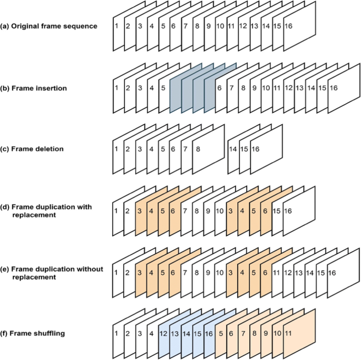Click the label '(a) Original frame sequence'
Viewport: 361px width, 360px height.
[x=48, y=26]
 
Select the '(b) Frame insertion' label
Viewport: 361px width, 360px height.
[x=34, y=88]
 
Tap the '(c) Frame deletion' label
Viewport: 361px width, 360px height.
[x=32, y=149]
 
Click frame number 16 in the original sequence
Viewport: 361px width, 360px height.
[x=288, y=26]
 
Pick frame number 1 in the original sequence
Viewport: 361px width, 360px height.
[x=115, y=26]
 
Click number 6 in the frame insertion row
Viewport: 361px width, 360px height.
[x=219, y=88]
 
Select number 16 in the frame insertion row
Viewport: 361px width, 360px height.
[x=333, y=88]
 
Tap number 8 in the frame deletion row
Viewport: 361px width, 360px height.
[x=198, y=149]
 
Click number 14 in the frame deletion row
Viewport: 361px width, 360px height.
[x=232, y=149]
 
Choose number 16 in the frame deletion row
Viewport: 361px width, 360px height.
[x=255, y=149]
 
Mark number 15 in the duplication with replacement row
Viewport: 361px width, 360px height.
[x=276, y=211]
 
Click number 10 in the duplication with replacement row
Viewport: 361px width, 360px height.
[x=219, y=211]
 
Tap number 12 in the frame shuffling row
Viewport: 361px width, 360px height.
[x=164, y=334]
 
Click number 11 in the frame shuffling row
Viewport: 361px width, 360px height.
[x=288, y=334]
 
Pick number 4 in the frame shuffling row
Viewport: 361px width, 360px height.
[x=150, y=334]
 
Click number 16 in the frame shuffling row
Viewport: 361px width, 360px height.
[x=209, y=334]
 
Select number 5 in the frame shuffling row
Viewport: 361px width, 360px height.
[x=220, y=334]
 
